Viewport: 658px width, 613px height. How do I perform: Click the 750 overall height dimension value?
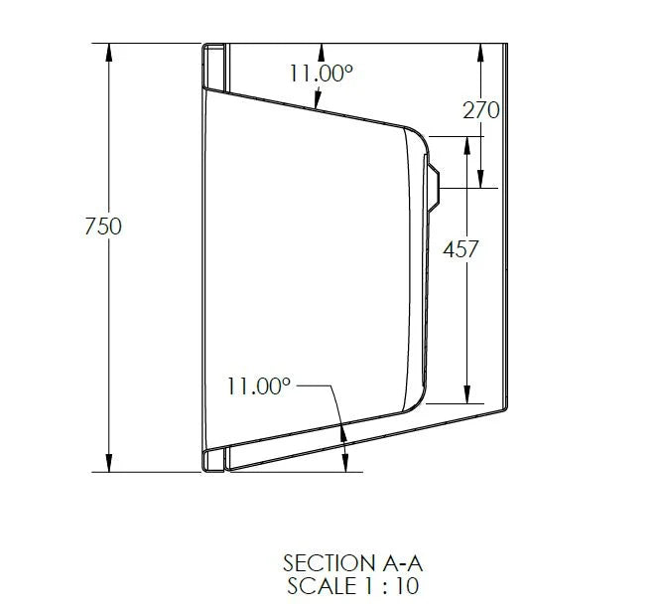[103, 227]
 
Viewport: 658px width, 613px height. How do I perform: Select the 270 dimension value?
[480, 110]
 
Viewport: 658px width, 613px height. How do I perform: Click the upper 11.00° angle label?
[323, 73]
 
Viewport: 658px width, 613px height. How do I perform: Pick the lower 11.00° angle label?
[258, 385]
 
